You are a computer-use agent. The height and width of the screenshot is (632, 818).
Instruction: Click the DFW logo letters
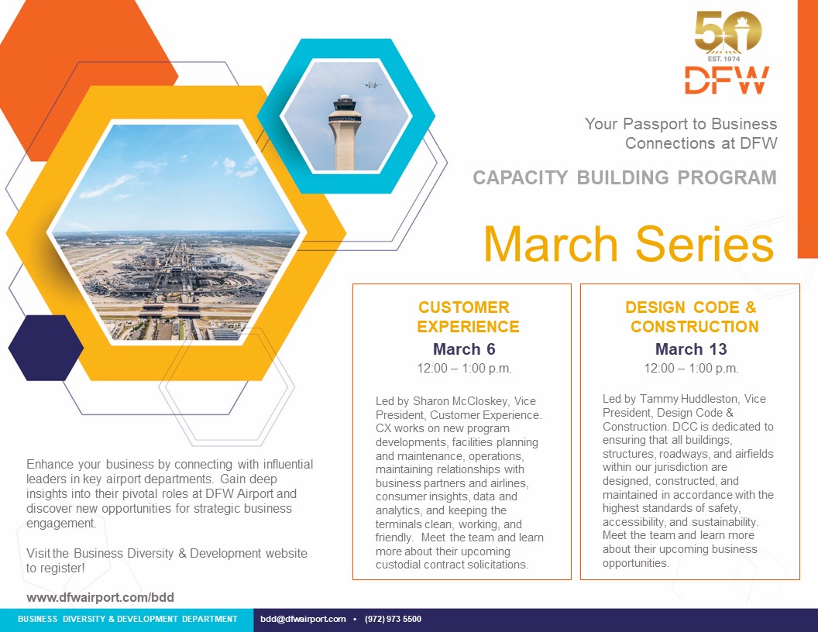click(727, 80)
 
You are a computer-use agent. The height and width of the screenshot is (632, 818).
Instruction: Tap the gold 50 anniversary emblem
click(727, 33)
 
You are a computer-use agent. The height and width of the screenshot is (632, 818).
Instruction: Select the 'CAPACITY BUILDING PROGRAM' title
click(624, 178)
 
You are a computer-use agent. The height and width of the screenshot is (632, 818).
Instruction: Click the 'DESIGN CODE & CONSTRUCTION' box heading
click(690, 316)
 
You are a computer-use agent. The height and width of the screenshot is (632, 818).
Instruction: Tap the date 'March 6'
click(463, 349)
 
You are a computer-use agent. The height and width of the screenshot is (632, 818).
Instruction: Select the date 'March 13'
click(690, 349)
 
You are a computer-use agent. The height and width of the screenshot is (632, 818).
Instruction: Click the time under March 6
click(463, 369)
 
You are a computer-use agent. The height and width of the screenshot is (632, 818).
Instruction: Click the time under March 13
click(690, 369)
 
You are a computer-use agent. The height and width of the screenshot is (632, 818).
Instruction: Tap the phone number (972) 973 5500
click(393, 620)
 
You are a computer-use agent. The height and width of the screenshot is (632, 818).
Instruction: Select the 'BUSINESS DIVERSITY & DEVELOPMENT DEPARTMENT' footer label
click(128, 620)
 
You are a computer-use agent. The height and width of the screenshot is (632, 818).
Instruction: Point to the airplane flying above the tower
click(369, 84)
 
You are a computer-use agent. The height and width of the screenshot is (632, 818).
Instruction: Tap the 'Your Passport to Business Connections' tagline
click(680, 133)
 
